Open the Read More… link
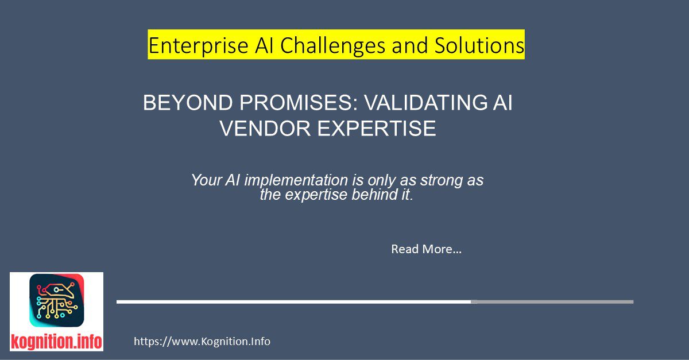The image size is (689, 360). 426,249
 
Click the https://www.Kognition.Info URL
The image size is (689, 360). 202,342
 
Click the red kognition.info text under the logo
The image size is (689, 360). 56,342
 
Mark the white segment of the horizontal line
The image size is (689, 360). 293,301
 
